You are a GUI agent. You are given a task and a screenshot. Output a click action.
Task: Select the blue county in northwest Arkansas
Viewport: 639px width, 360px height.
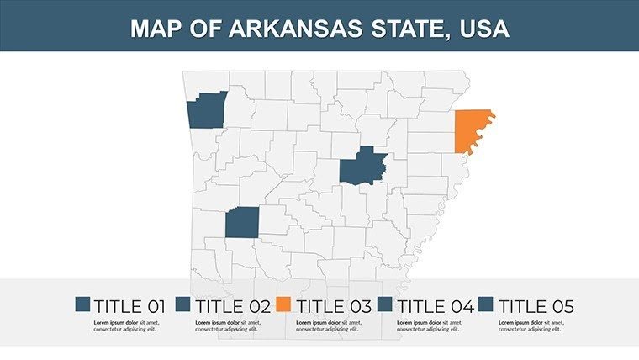(x=205, y=111)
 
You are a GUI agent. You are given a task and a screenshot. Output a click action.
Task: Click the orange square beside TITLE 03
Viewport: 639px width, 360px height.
(x=285, y=305)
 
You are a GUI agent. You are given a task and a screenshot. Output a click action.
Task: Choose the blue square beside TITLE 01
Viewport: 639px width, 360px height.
(x=82, y=305)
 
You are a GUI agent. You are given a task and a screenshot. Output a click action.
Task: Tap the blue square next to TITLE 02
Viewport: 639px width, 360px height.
(x=184, y=305)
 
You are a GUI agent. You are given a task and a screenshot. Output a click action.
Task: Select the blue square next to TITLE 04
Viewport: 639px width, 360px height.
(x=386, y=305)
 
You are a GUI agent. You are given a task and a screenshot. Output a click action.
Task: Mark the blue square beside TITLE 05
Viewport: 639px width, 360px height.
(x=488, y=305)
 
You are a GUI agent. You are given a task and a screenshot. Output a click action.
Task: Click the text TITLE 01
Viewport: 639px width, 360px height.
(x=129, y=306)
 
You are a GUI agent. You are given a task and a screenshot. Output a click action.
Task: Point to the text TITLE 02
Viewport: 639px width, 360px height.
(x=231, y=306)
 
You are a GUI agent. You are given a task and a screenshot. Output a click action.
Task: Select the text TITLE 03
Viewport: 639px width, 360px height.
(x=332, y=306)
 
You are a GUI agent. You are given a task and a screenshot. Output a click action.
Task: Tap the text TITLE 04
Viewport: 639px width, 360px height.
(x=435, y=306)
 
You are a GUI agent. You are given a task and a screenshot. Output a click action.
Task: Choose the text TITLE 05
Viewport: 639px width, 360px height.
(x=536, y=306)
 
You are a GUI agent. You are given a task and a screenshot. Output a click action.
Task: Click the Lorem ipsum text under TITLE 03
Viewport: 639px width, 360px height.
(x=328, y=326)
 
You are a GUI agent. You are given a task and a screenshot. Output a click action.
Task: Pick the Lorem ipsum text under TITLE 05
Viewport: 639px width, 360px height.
(x=531, y=326)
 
